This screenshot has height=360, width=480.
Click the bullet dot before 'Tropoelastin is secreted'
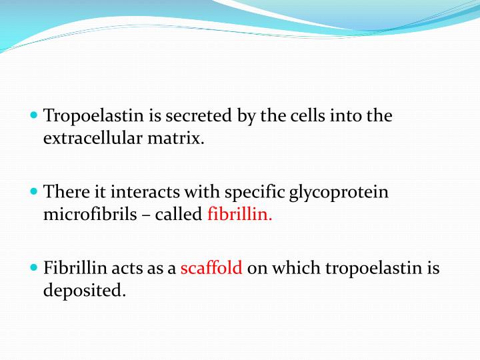35,115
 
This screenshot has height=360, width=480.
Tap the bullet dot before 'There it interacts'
35,191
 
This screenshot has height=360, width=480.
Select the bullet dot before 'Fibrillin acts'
35,268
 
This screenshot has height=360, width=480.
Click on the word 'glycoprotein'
339,193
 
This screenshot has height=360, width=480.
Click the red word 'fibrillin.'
241,215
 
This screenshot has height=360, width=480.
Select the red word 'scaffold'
211,269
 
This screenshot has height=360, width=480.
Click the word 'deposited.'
85,292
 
